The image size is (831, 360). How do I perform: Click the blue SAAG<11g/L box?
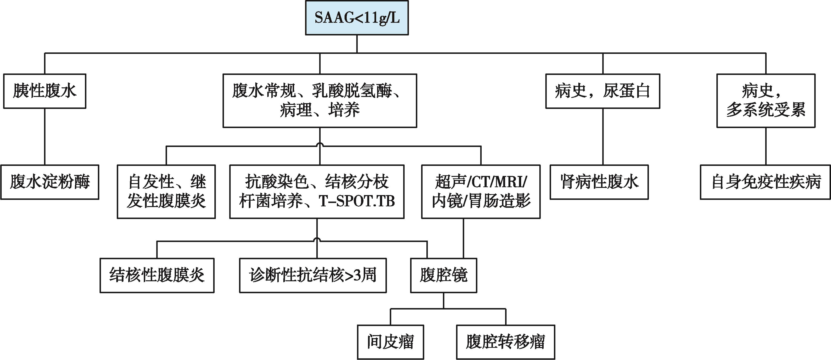pyautogui.click(x=357, y=18)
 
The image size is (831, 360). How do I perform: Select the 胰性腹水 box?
pyautogui.click(x=45, y=91)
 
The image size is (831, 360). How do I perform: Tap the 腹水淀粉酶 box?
pyautogui.click(x=50, y=182)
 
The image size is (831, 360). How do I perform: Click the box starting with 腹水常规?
pyautogui.click(x=320, y=101)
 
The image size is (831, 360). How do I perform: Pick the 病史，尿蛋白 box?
pyautogui.click(x=602, y=91)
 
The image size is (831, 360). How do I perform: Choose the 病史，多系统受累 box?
pyautogui.click(x=766, y=101)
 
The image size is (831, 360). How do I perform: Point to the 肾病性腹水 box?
pyautogui.click(x=599, y=182)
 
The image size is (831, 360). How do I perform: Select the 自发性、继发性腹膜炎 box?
pyautogui.click(x=166, y=192)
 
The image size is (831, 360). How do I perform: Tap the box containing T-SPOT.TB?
pyautogui.click(x=317, y=192)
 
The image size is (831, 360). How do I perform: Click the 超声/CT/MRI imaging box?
pyautogui.click(x=481, y=192)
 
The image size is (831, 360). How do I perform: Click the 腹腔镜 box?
pyautogui.click(x=444, y=275)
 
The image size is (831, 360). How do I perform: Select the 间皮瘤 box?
pyautogui.click(x=390, y=342)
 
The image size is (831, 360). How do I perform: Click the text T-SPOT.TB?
pyautogui.click(x=357, y=201)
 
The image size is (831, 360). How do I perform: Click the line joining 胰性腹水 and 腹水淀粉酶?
pyautogui.click(x=45, y=136)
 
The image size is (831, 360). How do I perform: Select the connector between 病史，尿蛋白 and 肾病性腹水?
pyautogui.click(x=602, y=136)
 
